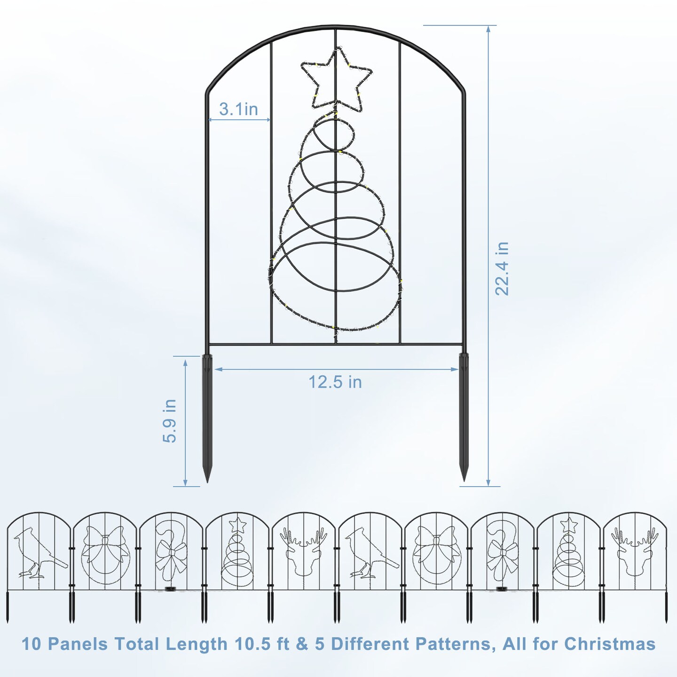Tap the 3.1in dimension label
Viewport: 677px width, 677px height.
coord(238,109)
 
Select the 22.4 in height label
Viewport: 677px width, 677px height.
coord(502,268)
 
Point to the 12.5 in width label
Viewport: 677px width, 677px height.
coord(335,382)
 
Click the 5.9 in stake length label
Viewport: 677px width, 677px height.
coord(170,421)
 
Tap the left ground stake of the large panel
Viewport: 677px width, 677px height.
coord(207,418)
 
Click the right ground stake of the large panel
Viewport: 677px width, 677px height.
coord(464,418)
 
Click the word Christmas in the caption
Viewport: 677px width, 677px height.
coord(610,644)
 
